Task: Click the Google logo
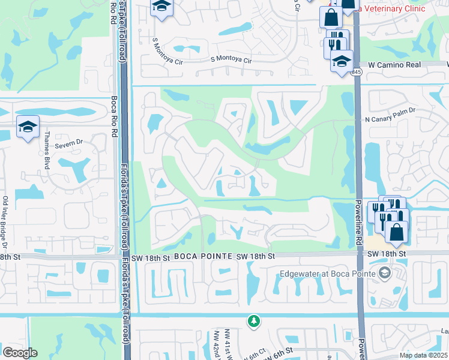(20, 353)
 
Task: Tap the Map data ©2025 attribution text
(423, 355)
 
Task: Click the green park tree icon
(255, 321)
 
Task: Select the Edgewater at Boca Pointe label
(327, 274)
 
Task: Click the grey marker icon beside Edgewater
(384, 274)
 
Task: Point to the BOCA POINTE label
(203, 256)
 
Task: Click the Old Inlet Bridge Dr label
(5, 222)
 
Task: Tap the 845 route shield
(357, 72)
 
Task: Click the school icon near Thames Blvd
(28, 127)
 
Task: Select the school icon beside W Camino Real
(342, 61)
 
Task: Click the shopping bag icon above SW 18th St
(396, 231)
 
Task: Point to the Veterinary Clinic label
(391, 8)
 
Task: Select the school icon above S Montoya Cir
(161, 7)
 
